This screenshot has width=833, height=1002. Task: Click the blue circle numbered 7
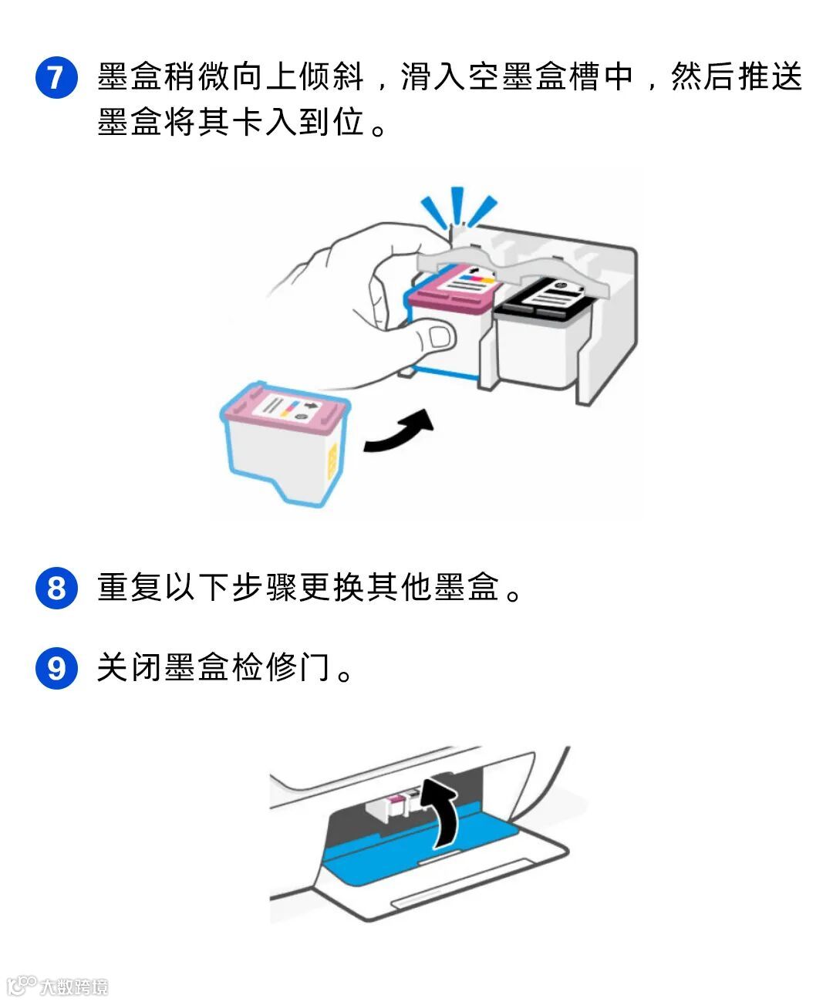tap(56, 77)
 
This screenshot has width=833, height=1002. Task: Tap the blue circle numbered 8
tap(56, 589)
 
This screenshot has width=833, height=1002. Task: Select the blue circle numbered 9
tap(56, 668)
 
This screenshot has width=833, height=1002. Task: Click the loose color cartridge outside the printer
tap(284, 444)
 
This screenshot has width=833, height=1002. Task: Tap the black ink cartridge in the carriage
tap(542, 332)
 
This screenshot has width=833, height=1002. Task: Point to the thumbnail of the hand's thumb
tap(440, 336)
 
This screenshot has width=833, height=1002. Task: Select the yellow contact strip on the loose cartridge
tap(332, 461)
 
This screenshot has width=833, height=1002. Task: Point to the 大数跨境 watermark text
tap(74, 987)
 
